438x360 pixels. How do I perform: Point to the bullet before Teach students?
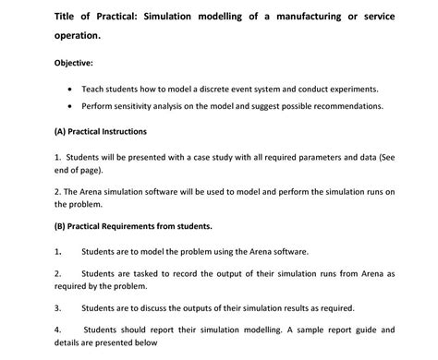point(71,90)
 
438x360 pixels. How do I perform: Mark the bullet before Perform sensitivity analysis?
point(71,107)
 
